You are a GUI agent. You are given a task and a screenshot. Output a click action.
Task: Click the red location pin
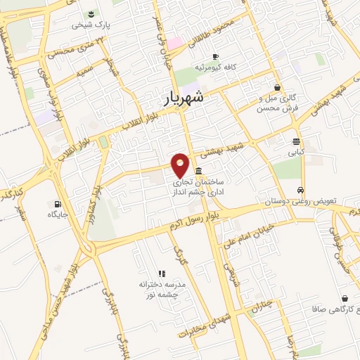coord(181,165)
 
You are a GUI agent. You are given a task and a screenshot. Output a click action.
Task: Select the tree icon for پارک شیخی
coord(91,13)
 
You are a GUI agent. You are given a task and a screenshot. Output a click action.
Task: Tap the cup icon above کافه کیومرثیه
coord(215,56)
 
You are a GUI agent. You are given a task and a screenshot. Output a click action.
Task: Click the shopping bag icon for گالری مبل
coord(278,87)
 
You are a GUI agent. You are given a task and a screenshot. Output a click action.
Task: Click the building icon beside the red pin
coord(200,172)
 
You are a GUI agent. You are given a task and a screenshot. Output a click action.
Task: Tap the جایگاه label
coord(58,205)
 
